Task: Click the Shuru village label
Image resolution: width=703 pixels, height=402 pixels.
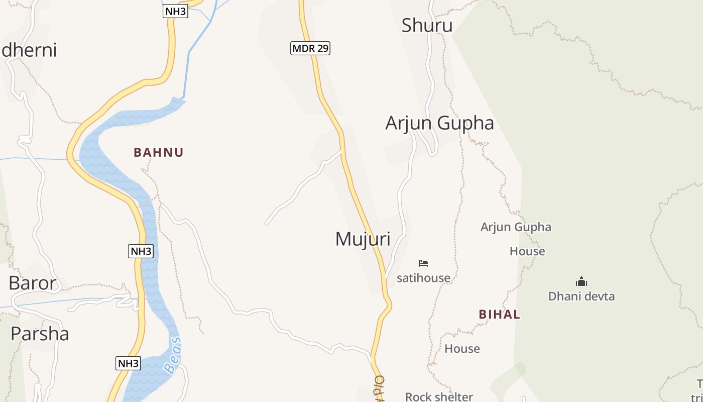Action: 427,26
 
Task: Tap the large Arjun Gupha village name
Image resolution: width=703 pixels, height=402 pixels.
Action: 439,123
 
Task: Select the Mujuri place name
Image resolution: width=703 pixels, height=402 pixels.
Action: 363,239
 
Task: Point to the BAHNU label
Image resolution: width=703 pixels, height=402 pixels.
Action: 159,152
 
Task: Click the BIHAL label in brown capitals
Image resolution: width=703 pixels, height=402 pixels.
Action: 499,315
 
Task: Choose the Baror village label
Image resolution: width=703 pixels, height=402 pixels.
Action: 33,283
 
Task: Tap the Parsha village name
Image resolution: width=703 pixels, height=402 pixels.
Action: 40,334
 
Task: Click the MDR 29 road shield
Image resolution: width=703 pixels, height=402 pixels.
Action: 310,48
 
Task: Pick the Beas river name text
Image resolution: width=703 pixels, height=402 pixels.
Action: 173,356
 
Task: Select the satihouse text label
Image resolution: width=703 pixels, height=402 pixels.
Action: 423,278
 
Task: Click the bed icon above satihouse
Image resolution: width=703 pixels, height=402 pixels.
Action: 423,263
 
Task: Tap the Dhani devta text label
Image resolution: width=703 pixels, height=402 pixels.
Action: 581,296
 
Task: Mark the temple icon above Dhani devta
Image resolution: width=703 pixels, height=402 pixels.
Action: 581,281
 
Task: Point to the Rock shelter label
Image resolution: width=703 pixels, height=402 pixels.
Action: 439,396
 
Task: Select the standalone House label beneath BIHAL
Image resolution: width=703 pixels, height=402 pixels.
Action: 462,349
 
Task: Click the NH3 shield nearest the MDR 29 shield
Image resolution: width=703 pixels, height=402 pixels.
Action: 175,12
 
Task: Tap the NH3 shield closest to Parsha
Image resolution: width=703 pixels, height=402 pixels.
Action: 128,363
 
